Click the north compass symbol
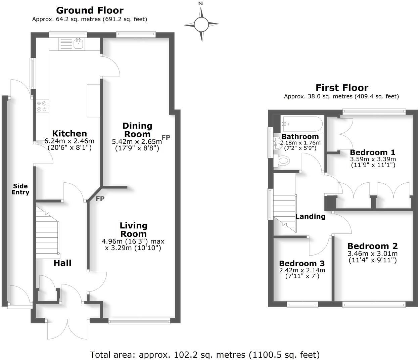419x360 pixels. coord(201,24)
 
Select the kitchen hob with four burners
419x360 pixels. coord(42,106)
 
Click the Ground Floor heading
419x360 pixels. coord(90,10)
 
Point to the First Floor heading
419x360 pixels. coord(342,88)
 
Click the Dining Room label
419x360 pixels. coord(137,130)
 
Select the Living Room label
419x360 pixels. coord(133,230)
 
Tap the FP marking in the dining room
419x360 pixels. coord(166,137)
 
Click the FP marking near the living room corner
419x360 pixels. coord(100,199)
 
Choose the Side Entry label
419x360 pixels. coord(20,189)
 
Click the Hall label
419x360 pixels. coord(62,263)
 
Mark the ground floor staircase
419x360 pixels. coord(48,235)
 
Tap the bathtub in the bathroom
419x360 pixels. coord(302,124)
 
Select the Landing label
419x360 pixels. coord(310,217)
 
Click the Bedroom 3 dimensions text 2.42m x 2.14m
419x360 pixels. coord(302,270)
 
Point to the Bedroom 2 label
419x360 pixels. coord(372,246)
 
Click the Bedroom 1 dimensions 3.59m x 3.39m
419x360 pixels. coord(373,159)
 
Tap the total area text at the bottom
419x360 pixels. coord(204,355)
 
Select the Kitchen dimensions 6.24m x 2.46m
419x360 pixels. coord(69,141)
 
